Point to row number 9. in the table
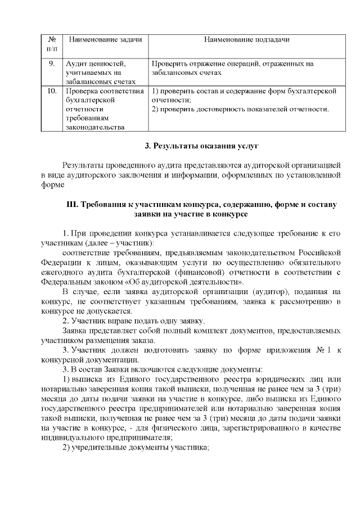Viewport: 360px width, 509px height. pos(52,64)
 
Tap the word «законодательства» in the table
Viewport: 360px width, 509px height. pos(94,127)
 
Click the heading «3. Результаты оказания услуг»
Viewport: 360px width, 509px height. pos(201,147)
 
